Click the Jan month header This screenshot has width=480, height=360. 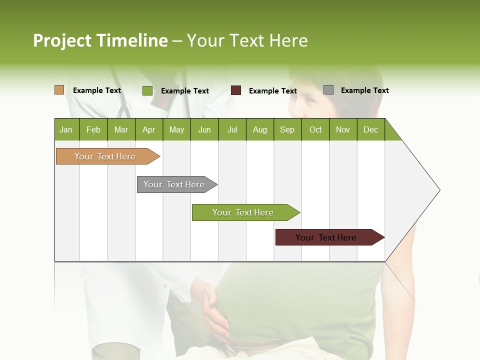click(x=66, y=129)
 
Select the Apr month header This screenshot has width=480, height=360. click(x=149, y=129)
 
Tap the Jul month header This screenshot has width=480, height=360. click(x=232, y=129)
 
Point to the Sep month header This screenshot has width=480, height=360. click(x=287, y=129)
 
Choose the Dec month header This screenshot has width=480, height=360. click(x=370, y=129)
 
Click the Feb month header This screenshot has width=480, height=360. click(x=93, y=129)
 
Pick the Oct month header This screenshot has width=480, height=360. click(x=315, y=129)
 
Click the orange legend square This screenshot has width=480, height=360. click(x=59, y=90)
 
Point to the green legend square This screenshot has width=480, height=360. click(x=147, y=90)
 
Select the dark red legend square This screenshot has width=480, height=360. click(x=236, y=90)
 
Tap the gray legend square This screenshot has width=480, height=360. click(x=328, y=90)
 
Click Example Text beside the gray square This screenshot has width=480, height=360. click(x=364, y=90)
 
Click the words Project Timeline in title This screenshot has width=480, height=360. click(x=100, y=40)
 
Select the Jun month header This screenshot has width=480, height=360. click(x=204, y=129)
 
